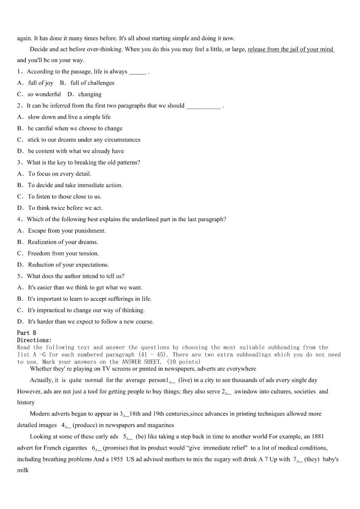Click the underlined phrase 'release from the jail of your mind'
[x=291, y=49]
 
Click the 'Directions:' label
[x=34, y=340]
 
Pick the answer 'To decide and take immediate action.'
[x=75, y=185]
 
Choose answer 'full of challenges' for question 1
[x=92, y=83]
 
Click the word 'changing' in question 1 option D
[x=90, y=94]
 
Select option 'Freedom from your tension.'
[x=63, y=253]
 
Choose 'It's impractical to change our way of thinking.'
[x=86, y=310]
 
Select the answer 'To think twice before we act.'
[x=65, y=208]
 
